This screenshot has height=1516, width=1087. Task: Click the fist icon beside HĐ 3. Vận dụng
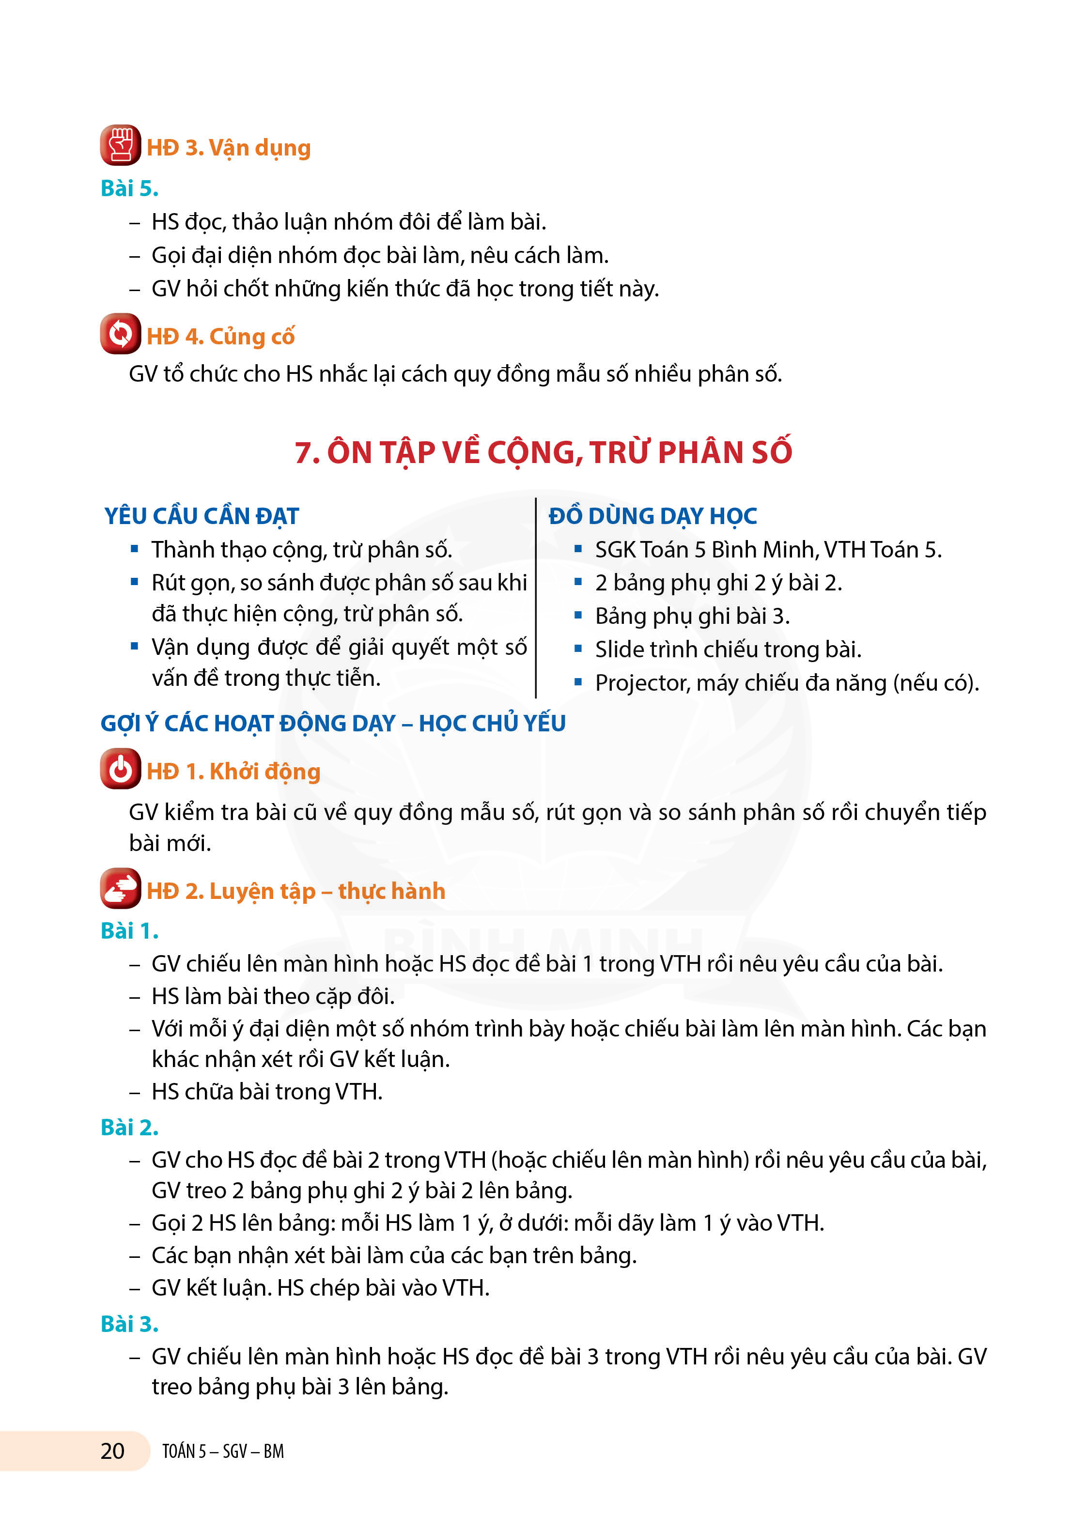(x=120, y=145)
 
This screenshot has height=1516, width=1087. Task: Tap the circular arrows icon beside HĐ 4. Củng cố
(x=120, y=334)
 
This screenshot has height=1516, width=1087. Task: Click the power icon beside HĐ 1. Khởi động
(x=120, y=769)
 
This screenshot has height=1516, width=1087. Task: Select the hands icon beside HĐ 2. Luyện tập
(x=120, y=888)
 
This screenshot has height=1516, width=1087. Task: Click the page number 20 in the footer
(x=112, y=1451)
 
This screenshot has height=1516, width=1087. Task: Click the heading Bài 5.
(x=129, y=188)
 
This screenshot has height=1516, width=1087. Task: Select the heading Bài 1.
(x=129, y=930)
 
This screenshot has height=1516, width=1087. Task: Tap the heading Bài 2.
(x=129, y=1127)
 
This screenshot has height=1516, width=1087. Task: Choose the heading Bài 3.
(x=129, y=1324)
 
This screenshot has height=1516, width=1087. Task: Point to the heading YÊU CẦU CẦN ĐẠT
(x=201, y=516)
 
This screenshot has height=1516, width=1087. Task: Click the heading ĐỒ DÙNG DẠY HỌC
(x=652, y=516)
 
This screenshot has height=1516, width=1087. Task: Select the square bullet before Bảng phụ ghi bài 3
(x=578, y=616)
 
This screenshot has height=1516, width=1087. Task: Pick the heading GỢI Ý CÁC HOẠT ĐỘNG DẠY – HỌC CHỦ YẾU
(x=333, y=723)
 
